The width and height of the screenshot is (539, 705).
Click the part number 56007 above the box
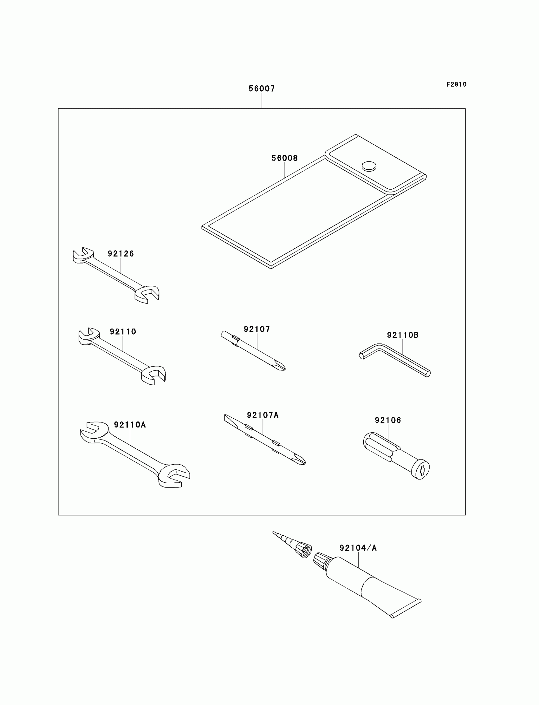262,88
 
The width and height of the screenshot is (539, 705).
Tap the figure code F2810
456,84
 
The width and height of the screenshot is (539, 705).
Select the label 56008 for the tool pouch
285,158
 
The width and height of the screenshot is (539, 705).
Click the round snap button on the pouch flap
369,166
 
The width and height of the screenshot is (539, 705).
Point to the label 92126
120,254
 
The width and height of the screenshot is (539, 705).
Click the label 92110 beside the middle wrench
123,332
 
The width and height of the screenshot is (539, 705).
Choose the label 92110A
130,425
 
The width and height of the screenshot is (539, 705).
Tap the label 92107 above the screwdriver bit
257,329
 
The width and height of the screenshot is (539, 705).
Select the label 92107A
263,415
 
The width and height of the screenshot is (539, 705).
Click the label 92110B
403,335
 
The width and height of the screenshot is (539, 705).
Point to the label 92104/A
358,548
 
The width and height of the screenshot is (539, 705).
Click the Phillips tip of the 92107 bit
280,366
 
